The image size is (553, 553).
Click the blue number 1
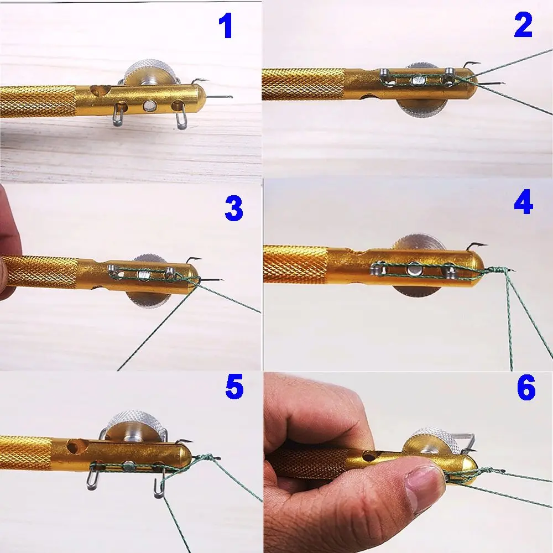tap(225, 26)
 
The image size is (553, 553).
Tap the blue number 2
tap(523, 26)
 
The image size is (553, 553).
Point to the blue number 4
tap(523, 204)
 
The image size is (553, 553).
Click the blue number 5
tap(233, 387)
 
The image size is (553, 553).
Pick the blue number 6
tap(525, 389)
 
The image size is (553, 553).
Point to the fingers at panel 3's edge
tap(8, 243)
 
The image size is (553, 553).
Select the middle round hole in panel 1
tap(148, 105)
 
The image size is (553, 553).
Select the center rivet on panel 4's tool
tap(414, 270)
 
